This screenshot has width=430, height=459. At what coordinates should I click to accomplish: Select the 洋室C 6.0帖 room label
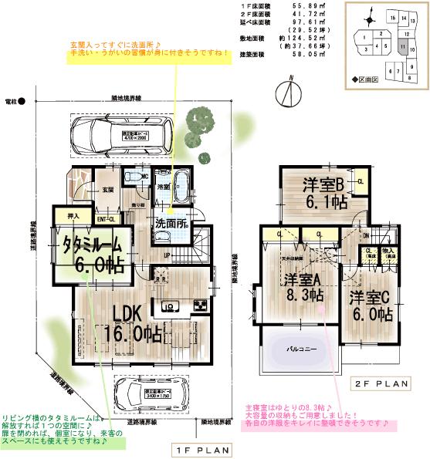point(371,305)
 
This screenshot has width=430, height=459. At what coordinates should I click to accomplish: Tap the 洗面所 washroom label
point(172,224)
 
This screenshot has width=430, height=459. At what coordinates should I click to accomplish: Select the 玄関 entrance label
point(107,189)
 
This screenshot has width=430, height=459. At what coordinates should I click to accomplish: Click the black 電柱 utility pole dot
point(22,101)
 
